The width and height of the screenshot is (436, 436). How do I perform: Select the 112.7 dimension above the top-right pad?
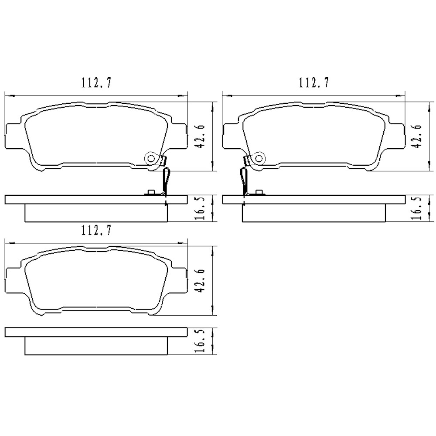(x=313, y=82)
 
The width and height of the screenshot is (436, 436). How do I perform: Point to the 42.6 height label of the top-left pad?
(x=201, y=136)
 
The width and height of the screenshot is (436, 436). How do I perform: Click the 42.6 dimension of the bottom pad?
(x=201, y=281)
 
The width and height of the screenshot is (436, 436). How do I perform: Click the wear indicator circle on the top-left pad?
(x=151, y=158)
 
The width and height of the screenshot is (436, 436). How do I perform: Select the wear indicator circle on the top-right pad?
(x=259, y=158)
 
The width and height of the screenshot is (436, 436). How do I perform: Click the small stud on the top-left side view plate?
(x=151, y=192)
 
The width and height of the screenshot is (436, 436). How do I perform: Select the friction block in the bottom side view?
(x=96, y=346)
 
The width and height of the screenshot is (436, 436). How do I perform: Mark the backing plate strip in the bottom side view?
(x=96, y=332)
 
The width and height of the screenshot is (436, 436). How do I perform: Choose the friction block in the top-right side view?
(x=314, y=212)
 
